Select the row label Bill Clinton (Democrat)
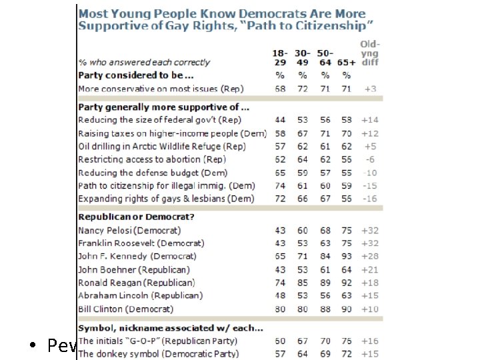tap(126, 309)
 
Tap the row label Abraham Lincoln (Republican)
tap(140, 295)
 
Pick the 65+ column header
tap(346, 62)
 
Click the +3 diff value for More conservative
tap(370, 89)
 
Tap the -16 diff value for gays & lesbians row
tap(370, 199)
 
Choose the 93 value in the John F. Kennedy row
tap(347, 256)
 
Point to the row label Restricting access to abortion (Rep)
tap(152, 159)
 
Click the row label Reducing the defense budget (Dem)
tap(157, 173)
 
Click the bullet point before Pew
tap(33, 347)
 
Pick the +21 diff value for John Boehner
tap(370, 269)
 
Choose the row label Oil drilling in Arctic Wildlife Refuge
tap(162, 146)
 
